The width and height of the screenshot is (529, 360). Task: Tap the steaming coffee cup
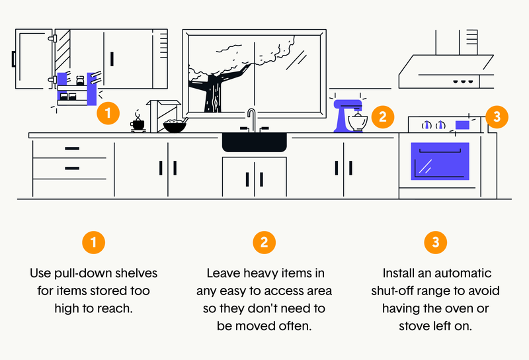tap(138, 123)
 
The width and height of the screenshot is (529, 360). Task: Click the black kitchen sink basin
tap(254, 142)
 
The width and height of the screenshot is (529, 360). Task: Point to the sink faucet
tap(251, 120)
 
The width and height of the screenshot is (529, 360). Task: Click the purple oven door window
tap(440, 161)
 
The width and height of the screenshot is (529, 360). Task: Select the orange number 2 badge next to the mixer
tap(382, 118)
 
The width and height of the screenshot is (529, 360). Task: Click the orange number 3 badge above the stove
tap(497, 117)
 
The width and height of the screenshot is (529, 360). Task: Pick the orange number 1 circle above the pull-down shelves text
tap(93, 242)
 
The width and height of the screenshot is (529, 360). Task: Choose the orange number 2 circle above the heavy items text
tap(264, 242)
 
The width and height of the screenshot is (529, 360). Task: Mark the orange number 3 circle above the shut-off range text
tap(435, 242)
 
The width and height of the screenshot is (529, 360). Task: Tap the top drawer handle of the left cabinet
tap(72, 148)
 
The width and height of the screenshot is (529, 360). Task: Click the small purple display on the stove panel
tap(462, 124)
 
